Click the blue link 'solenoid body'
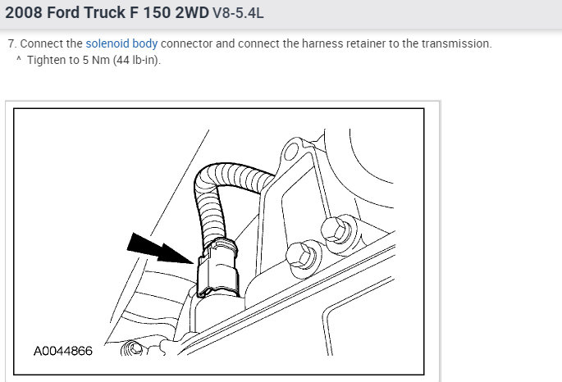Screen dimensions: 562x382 [x=121, y=43]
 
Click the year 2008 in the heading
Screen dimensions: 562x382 [x=24, y=12]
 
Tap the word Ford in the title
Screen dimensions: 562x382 [x=63, y=12]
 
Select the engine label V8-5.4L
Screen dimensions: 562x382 [x=238, y=13]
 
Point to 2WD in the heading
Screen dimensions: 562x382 [x=192, y=12]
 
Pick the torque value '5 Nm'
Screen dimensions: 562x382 [x=96, y=60]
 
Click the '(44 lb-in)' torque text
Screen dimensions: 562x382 [x=136, y=60]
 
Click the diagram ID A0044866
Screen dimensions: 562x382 [x=62, y=351]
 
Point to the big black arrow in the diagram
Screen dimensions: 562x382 [x=159, y=248]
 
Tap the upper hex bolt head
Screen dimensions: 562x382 [x=336, y=230]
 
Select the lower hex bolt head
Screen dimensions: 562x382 [x=301, y=255]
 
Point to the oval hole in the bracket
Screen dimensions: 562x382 [x=291, y=152]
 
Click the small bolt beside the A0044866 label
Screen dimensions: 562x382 [x=131, y=348]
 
